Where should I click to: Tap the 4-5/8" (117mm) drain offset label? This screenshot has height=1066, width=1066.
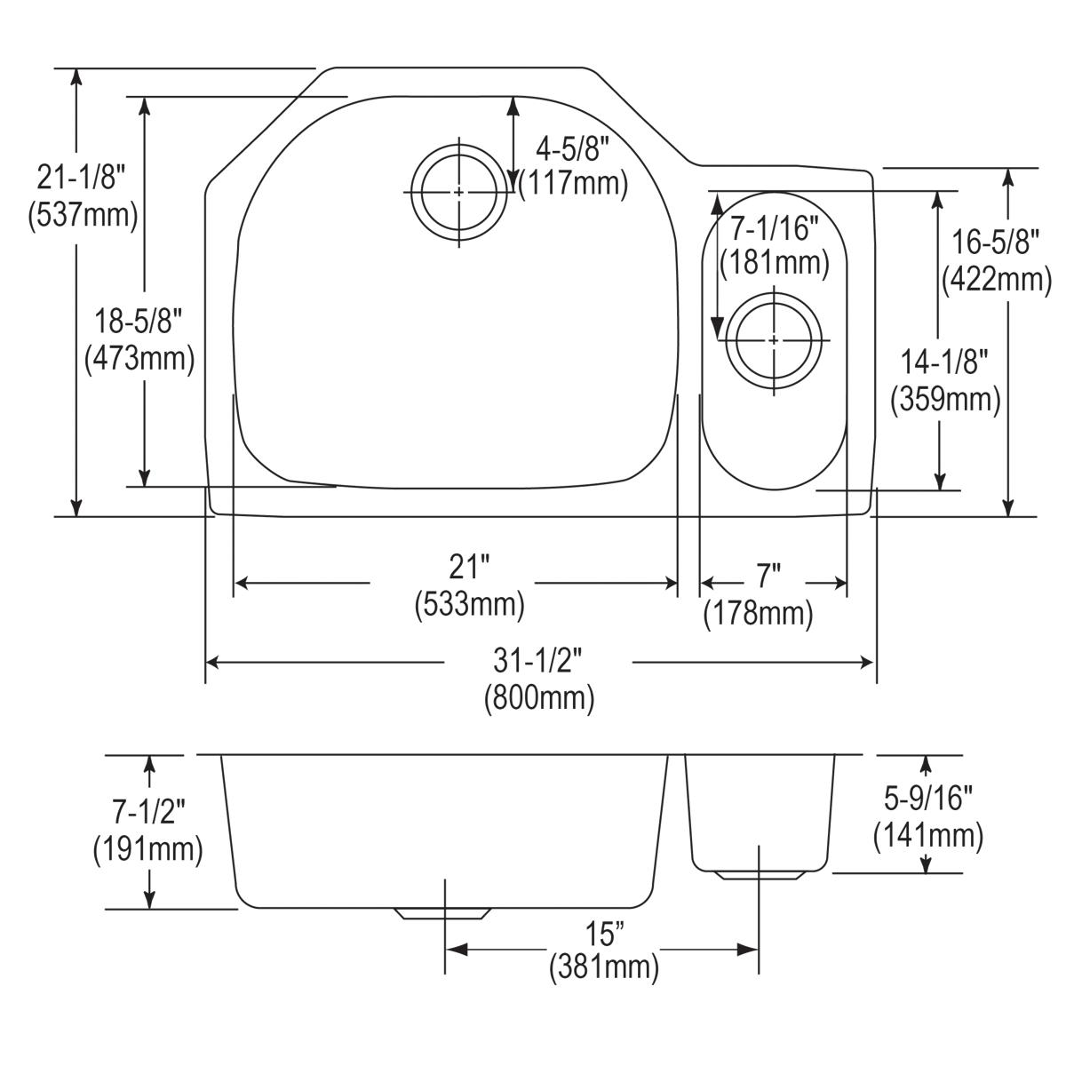coord(573,166)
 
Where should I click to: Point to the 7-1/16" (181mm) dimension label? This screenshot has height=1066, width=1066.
coord(774,246)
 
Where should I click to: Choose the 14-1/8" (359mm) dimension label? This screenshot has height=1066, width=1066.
coord(945,382)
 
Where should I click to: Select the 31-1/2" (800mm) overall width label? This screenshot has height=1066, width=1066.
coord(539,680)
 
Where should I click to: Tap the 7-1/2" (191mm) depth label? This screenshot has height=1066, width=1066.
coord(147,831)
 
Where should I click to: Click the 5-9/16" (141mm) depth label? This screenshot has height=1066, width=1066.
coord(928,817)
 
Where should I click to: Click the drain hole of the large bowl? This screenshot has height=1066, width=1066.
coord(458,192)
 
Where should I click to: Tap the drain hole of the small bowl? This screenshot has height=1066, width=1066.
coord(774,340)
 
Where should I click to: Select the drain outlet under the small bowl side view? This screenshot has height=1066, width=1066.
coord(760,874)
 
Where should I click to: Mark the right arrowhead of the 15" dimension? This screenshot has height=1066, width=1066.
coord(751,951)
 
